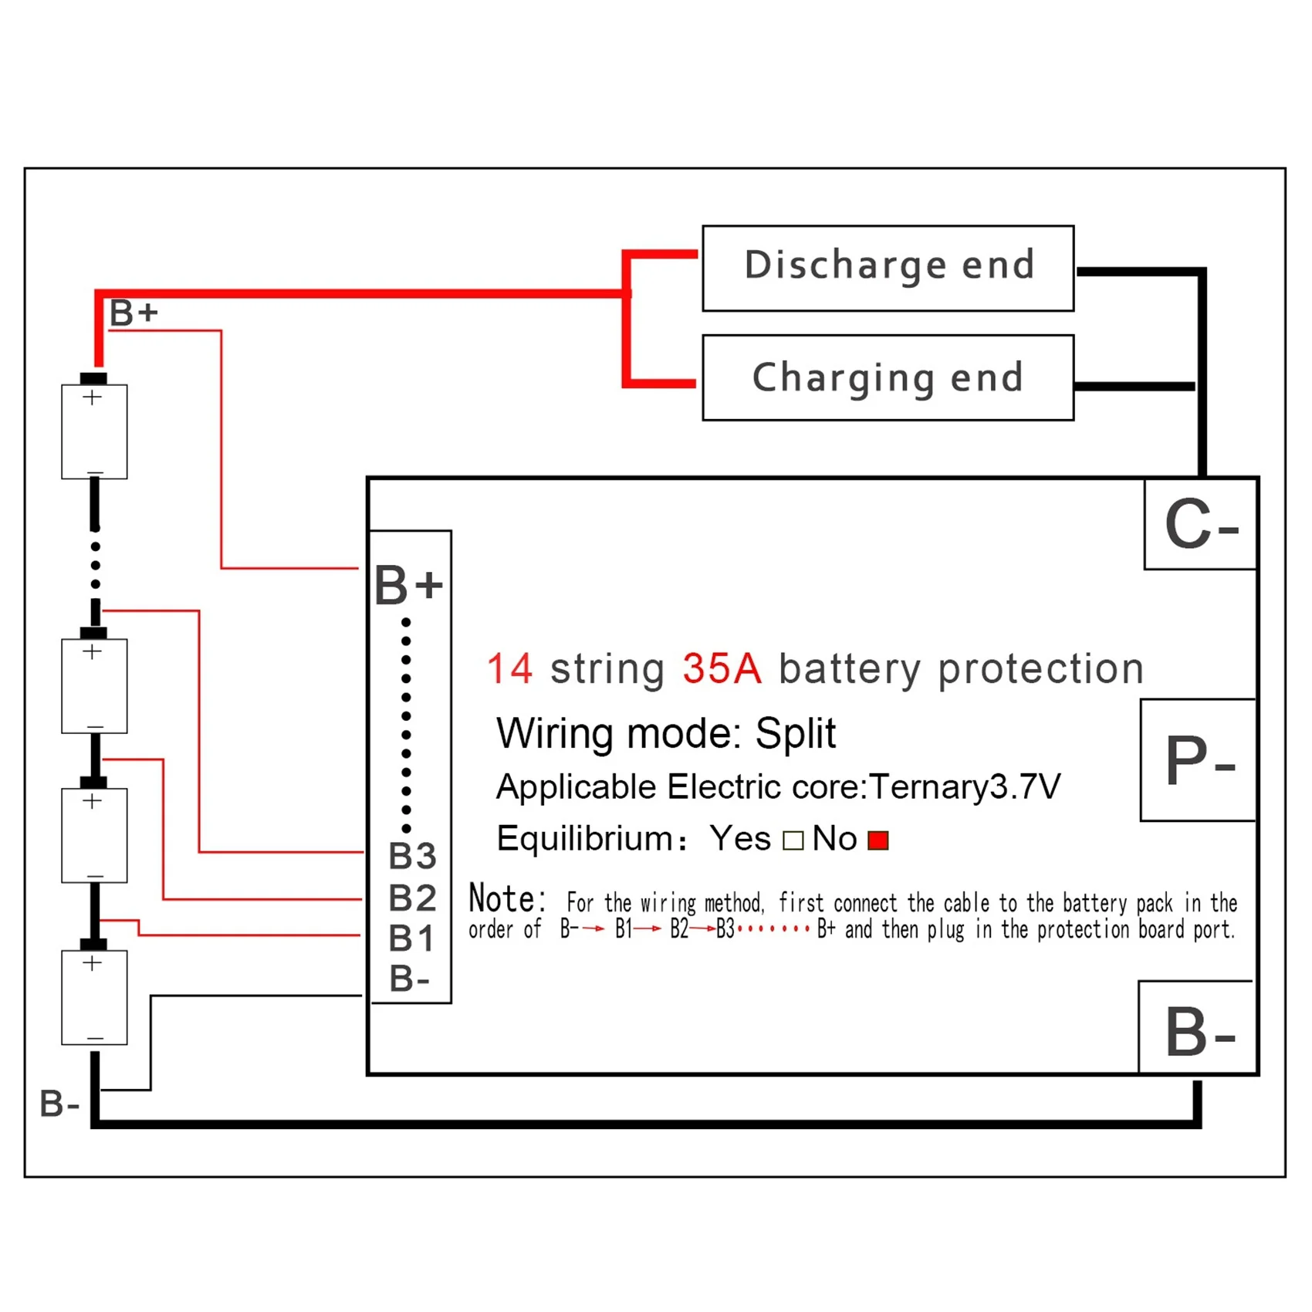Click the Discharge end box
pyautogui.click(x=888, y=268)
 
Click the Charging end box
pyautogui.click(x=888, y=377)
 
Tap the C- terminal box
pyautogui.click(x=1200, y=525)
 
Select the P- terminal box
pyautogui.click(x=1199, y=760)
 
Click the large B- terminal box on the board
pyautogui.click(x=1197, y=1028)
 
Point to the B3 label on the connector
pyautogui.click(x=412, y=856)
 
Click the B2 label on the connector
pyautogui.click(x=412, y=898)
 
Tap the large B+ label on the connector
pyautogui.click(x=408, y=584)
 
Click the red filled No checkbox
pyautogui.click(x=878, y=840)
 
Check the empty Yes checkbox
pyautogui.click(x=793, y=840)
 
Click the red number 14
pyautogui.click(x=510, y=668)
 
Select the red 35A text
pyautogui.click(x=722, y=668)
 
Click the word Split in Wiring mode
pyautogui.click(x=795, y=732)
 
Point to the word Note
pyautogui.click(x=506, y=899)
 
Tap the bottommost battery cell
pyautogui.click(x=94, y=997)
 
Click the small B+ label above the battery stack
pyautogui.click(x=134, y=313)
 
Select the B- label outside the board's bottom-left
pyautogui.click(x=59, y=1104)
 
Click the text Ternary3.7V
pyautogui.click(x=965, y=787)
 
